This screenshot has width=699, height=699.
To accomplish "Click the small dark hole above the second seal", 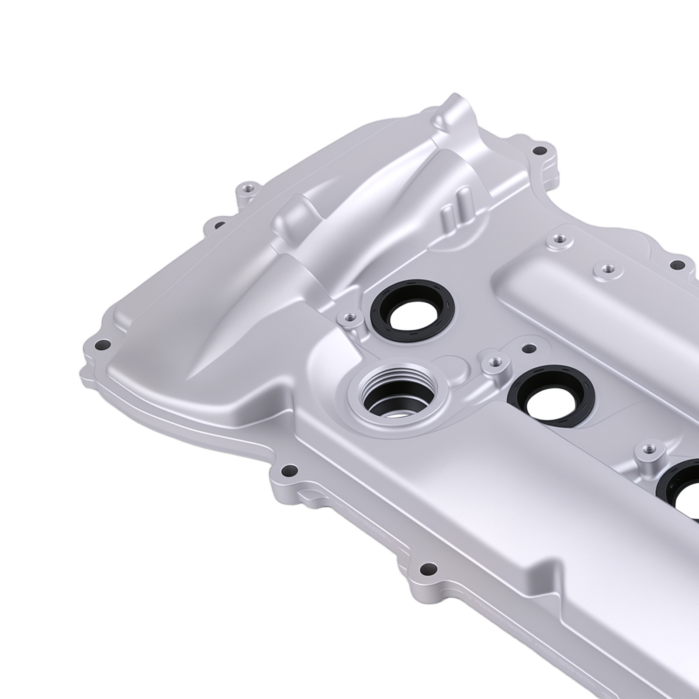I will click(x=529, y=348).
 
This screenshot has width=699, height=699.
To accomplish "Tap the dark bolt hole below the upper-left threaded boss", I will click(x=221, y=225).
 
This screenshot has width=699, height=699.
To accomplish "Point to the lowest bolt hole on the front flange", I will click(x=427, y=568).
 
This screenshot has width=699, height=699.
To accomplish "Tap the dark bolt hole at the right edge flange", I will click(x=677, y=265).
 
